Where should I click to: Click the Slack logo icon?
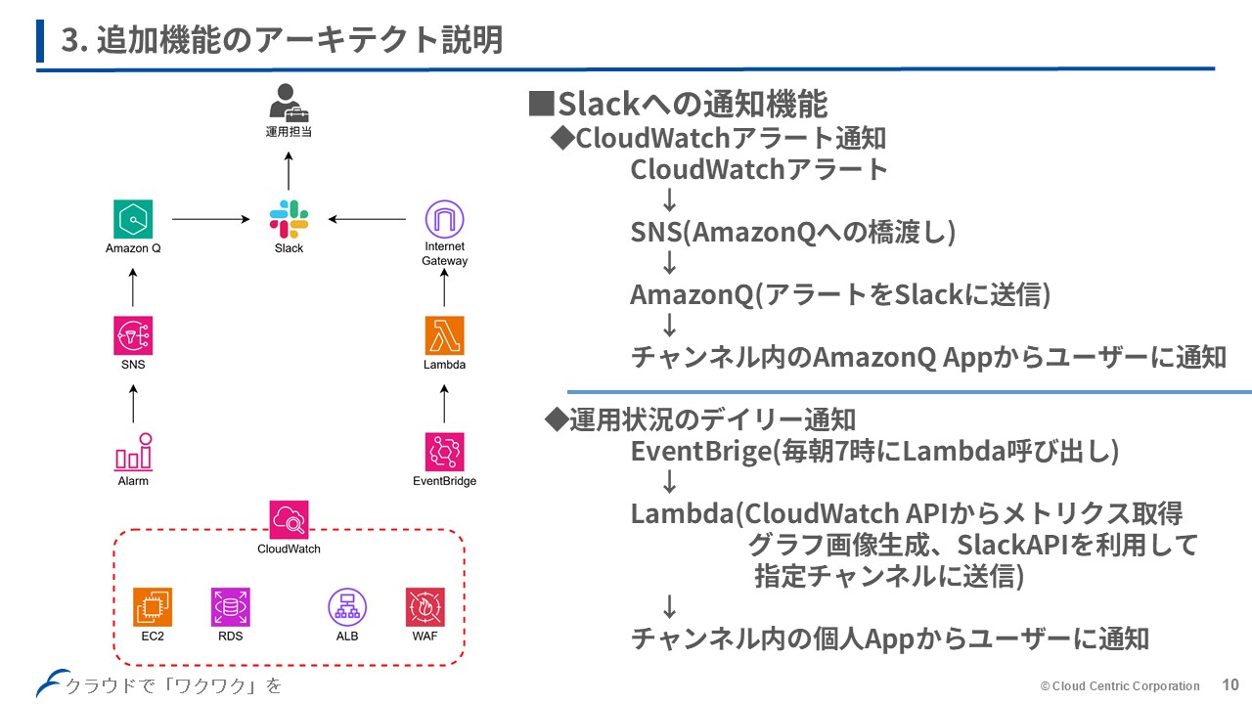coord(289,219)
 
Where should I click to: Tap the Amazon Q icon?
coord(133,219)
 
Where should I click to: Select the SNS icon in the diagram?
coord(133,335)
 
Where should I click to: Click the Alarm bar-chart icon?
coord(133,453)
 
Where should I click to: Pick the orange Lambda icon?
coord(444,335)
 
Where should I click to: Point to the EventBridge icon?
coord(444,453)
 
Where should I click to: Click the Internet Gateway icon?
coord(444,219)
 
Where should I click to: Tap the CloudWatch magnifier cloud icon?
coord(289,519)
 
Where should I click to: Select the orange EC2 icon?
coord(153,607)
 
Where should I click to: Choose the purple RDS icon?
coord(230,607)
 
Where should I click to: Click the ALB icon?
coord(346,607)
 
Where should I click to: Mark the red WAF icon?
coord(425,607)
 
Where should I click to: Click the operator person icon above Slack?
coord(288,102)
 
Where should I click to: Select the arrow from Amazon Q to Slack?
coord(210,219)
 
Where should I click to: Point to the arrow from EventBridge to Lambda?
coord(444,403)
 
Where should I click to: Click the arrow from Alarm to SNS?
coord(133,403)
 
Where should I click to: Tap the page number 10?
coord(1230,684)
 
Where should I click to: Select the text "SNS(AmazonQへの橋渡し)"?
coord(793,232)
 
